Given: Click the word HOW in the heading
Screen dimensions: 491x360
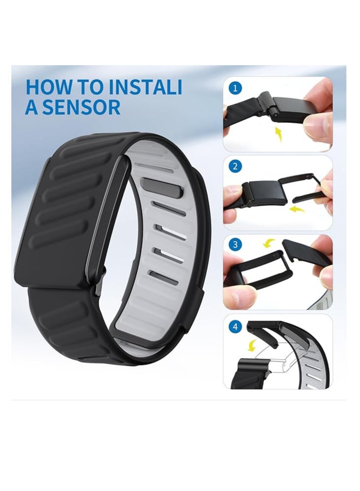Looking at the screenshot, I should coord(47,86).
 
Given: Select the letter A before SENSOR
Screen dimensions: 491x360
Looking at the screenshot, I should coord(31,107).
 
